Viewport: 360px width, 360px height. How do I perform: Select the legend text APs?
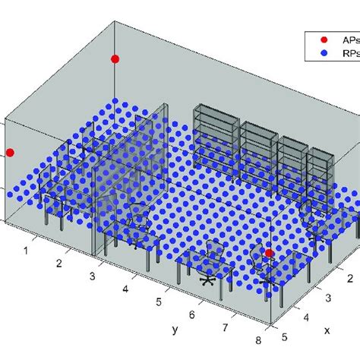tap(349, 39)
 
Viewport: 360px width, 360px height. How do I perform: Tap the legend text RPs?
tap(349, 53)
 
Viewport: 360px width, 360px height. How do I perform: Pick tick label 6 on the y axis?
tap(192, 314)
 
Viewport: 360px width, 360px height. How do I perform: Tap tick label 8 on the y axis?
tap(260, 341)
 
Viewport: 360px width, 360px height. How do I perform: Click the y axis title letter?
tap(175, 329)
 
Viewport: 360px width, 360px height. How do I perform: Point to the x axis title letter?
tap(327, 331)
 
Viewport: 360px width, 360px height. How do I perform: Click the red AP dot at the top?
tap(115, 58)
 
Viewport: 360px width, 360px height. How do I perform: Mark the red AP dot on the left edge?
tap(10, 153)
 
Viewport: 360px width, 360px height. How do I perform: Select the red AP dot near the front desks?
tap(269, 253)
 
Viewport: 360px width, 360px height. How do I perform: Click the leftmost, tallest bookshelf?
tap(216, 137)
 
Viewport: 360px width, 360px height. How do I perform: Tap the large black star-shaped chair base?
tap(207, 279)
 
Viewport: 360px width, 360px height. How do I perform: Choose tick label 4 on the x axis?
tap(306, 318)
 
